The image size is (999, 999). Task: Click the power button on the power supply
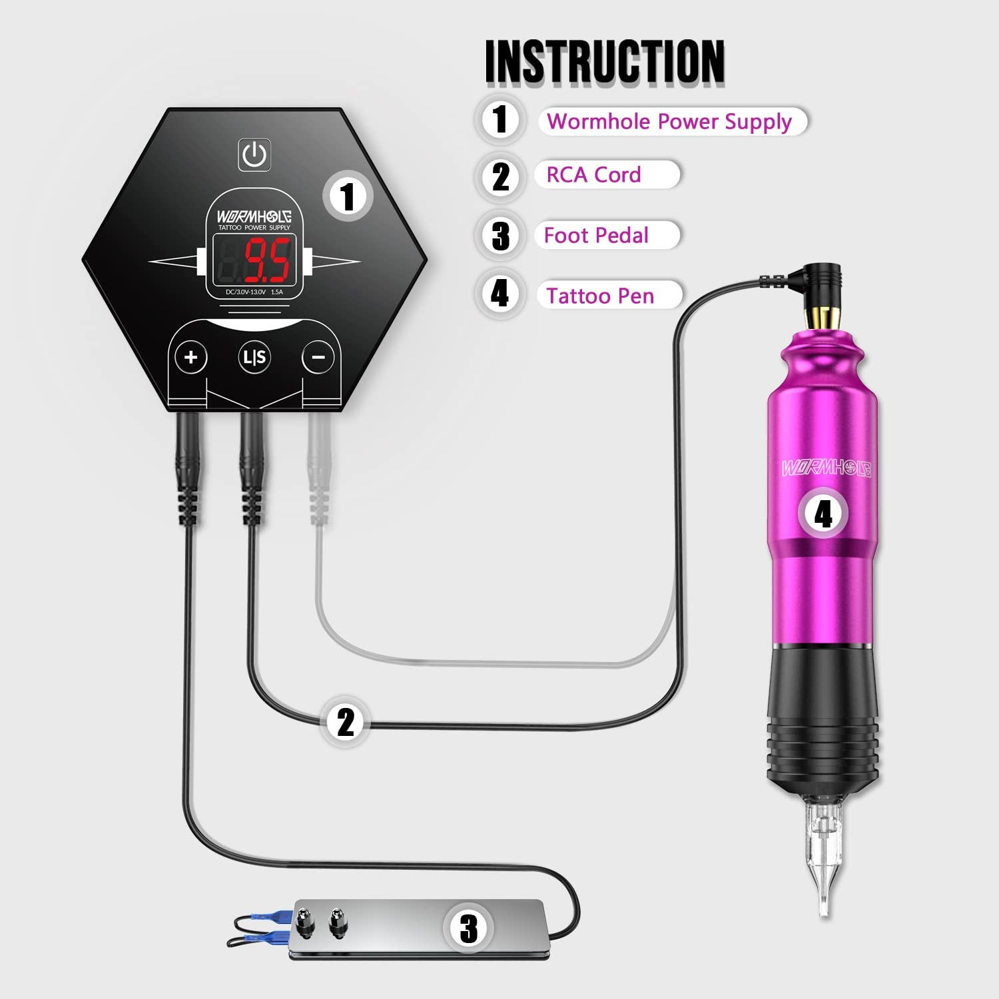click(x=254, y=155)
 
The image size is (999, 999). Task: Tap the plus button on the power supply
click(x=191, y=358)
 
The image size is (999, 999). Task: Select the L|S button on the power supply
click(x=254, y=358)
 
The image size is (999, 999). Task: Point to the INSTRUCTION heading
click(x=605, y=61)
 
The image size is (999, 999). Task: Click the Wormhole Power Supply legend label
click(x=669, y=121)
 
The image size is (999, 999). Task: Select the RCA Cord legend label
click(x=593, y=174)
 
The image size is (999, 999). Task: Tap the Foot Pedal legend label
click(x=596, y=235)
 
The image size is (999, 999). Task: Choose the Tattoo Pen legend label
click(x=600, y=296)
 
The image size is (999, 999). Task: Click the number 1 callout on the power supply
click(x=347, y=196)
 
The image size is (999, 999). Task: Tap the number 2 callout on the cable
click(x=345, y=722)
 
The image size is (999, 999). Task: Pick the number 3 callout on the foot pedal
click(x=469, y=928)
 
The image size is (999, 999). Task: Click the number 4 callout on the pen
click(x=823, y=513)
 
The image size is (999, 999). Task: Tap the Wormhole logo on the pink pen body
click(x=827, y=468)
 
